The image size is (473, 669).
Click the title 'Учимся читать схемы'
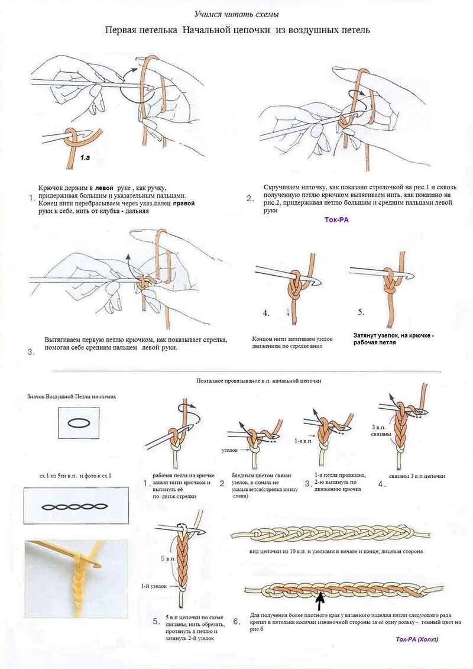(237, 14)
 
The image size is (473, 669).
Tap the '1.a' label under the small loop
(86, 158)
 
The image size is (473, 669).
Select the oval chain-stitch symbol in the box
(78, 424)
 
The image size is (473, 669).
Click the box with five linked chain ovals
(76, 506)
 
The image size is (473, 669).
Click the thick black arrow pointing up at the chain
(320, 602)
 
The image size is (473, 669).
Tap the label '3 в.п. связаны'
(381, 430)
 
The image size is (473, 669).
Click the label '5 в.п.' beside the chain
(168, 558)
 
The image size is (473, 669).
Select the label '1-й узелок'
(153, 586)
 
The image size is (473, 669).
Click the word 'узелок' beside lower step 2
(229, 450)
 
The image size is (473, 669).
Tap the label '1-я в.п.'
(304, 441)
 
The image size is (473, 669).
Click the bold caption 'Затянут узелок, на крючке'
(393, 335)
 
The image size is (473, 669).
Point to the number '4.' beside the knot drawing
(266, 312)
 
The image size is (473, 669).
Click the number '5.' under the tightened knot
(361, 312)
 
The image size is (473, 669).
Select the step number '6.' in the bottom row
(237, 621)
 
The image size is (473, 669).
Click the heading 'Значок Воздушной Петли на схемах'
(72, 397)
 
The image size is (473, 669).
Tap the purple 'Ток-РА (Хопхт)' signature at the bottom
(417, 639)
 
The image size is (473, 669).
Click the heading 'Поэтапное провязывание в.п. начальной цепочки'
(259, 381)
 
